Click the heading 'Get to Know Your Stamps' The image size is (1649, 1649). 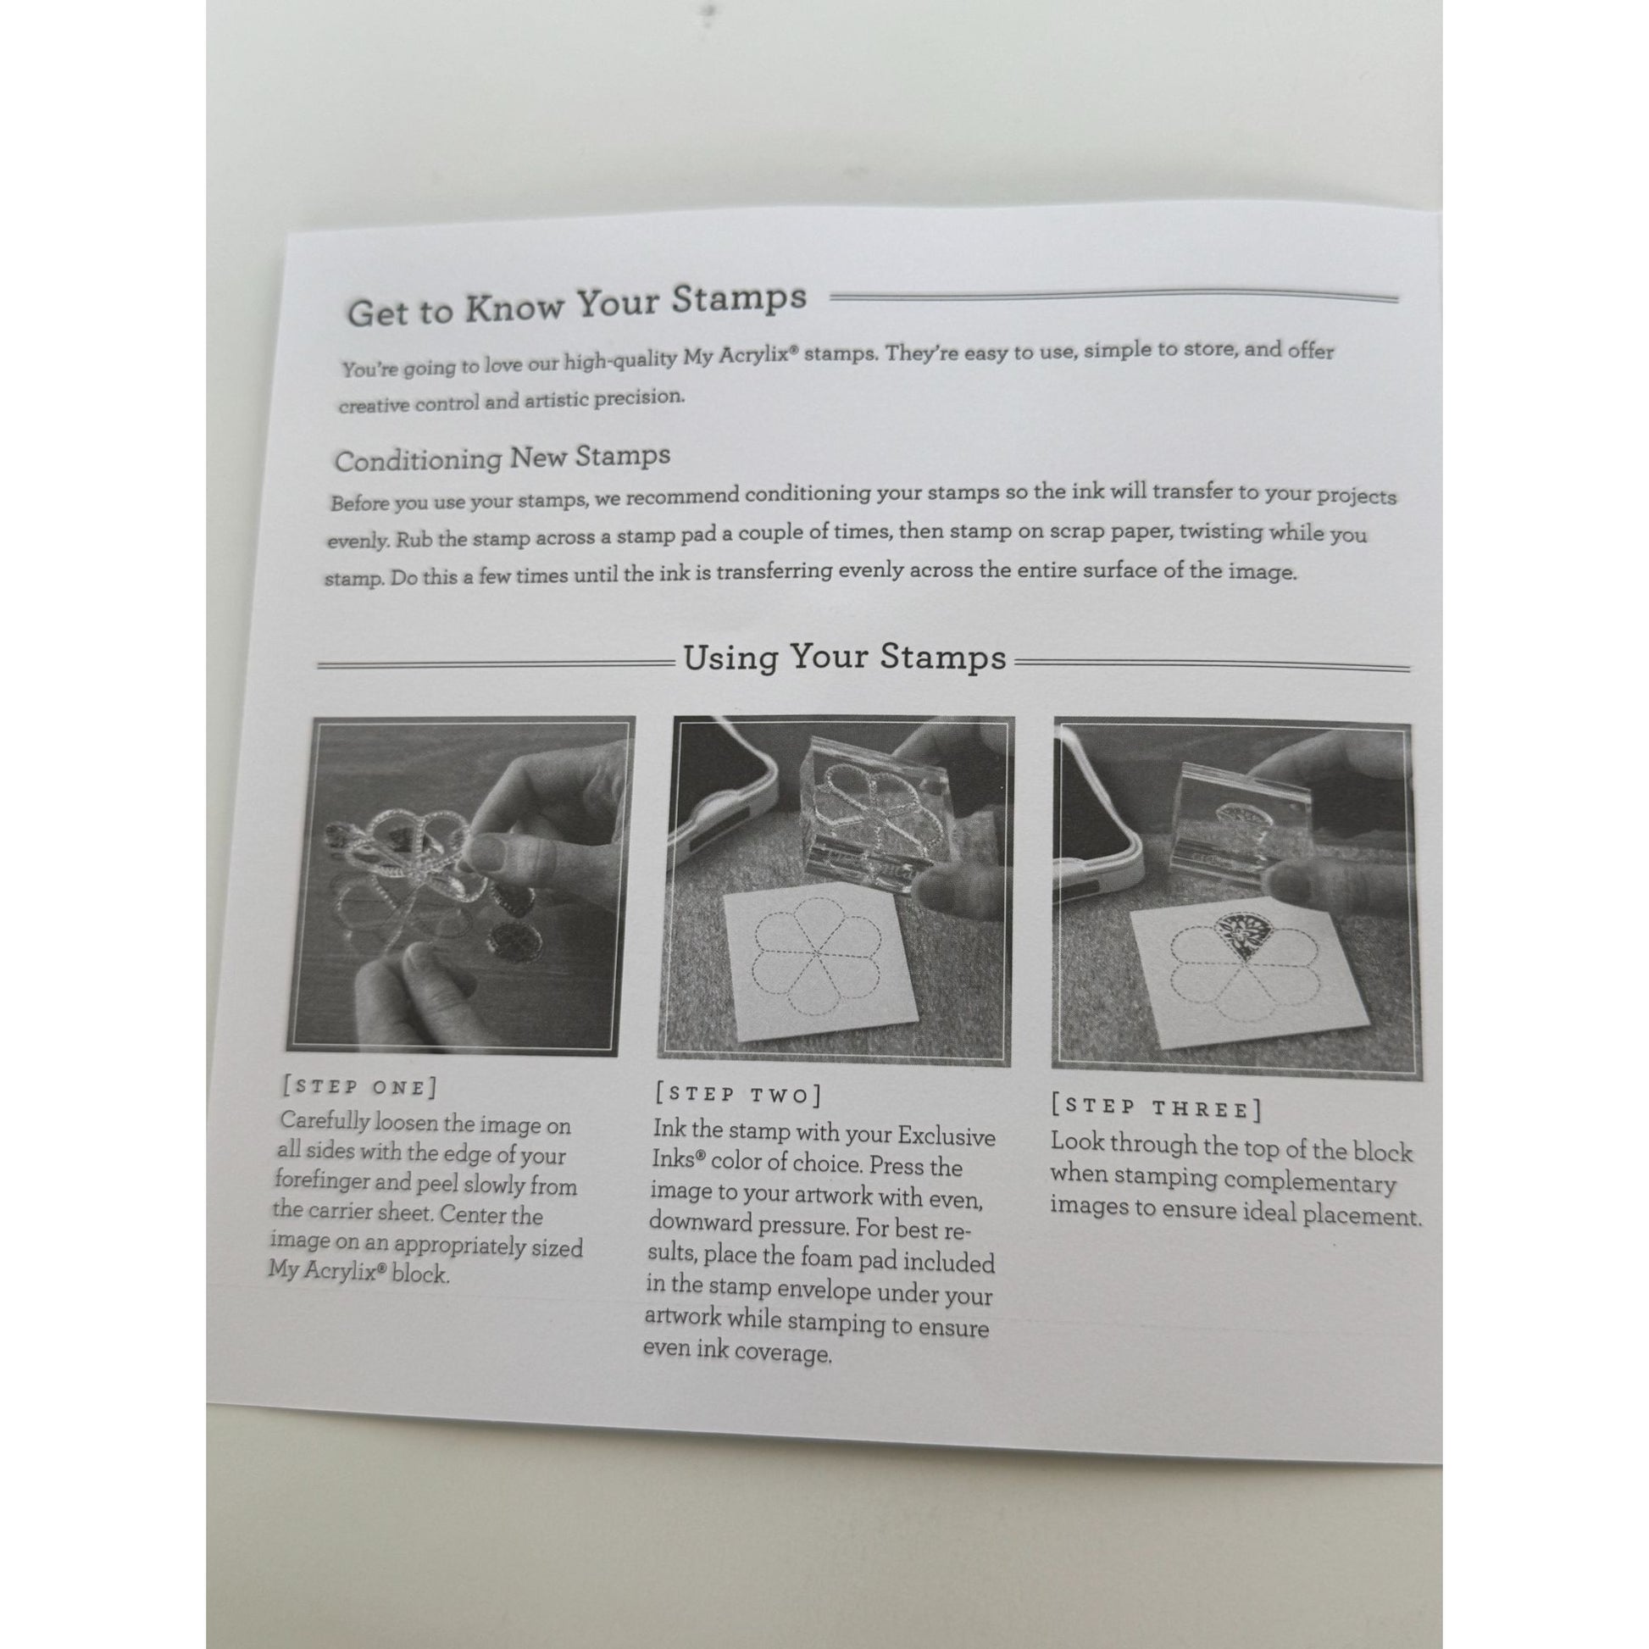tap(576, 305)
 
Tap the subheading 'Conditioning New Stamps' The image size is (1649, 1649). tap(502, 458)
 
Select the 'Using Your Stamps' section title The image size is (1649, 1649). tap(845, 658)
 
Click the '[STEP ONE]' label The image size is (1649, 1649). tap(359, 1086)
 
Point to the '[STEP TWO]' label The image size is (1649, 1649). tap(738, 1094)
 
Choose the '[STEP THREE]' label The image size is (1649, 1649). tap(1157, 1108)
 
